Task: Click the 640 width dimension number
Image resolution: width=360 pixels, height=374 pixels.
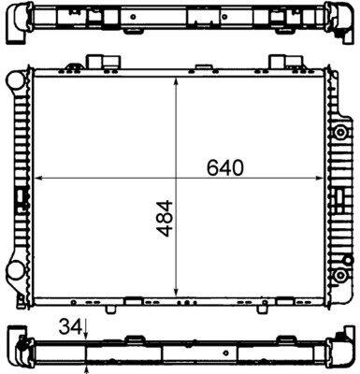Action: coord(224,167)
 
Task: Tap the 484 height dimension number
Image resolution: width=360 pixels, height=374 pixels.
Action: coord(165,219)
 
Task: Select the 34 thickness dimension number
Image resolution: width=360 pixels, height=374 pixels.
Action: coord(70,327)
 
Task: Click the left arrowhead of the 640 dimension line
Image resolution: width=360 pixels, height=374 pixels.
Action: coord(38,178)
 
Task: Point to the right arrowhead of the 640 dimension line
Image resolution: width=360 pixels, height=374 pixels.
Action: coord(320,178)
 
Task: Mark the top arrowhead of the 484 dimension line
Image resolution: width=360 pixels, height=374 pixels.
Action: coord(176,82)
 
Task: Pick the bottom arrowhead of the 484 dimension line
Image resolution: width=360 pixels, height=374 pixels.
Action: coord(176,292)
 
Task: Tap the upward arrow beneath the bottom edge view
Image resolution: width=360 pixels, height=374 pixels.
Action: coord(86,370)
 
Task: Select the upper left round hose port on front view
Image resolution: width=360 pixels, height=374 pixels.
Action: coord(15,79)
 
